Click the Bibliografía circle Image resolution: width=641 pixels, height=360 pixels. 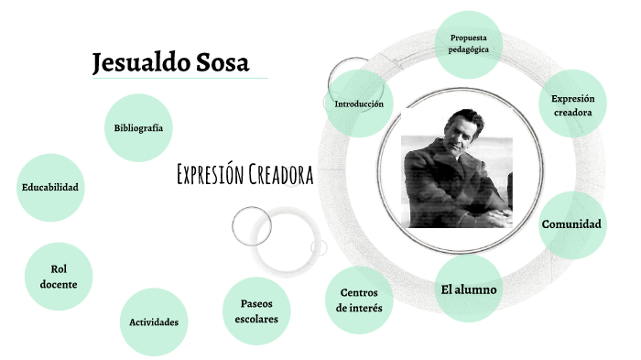(x=139, y=128)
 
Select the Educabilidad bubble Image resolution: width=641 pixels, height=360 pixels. (x=50, y=188)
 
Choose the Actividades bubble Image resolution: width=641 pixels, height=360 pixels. (x=154, y=322)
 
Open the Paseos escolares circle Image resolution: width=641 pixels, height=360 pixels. (x=256, y=311)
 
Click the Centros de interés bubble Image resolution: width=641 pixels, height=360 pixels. (x=359, y=300)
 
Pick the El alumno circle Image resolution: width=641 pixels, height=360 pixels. (x=468, y=289)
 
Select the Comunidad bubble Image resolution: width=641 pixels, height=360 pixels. (x=571, y=224)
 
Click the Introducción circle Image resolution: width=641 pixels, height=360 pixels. (x=359, y=104)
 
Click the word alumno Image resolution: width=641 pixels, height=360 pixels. (x=479, y=289)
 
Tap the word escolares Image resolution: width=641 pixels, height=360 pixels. (x=256, y=320)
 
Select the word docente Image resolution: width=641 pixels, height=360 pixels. (x=59, y=285)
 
